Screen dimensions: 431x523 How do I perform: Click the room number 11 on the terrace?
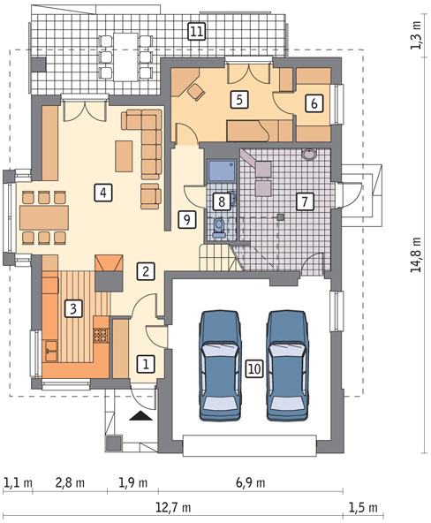coord(196,31)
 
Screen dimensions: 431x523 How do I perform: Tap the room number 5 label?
coord(239,99)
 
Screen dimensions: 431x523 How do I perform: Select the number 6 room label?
coord(314,103)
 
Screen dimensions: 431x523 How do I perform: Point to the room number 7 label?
coord(305,201)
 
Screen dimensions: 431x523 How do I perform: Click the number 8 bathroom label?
coord(222,201)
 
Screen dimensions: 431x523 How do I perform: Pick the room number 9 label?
coord(187,219)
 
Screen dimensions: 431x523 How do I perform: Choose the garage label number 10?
coord(254,368)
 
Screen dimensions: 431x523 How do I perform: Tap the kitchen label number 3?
coord(73,308)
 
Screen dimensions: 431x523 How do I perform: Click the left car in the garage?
coord(220,365)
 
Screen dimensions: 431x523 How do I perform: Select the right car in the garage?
coord(287,365)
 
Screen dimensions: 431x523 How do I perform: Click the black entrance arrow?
coord(140,415)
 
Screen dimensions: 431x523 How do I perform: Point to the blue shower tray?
coord(222,171)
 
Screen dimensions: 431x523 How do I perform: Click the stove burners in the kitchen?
coord(101,336)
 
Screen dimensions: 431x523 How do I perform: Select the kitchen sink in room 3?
coord(50,351)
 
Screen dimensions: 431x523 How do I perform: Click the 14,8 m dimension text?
coord(416,254)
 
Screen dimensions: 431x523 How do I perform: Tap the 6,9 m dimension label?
coord(251,482)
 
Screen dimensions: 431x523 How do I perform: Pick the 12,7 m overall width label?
coord(174,508)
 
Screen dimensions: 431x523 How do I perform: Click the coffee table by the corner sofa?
coord(124,156)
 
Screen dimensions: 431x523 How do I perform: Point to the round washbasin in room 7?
coord(310,155)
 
